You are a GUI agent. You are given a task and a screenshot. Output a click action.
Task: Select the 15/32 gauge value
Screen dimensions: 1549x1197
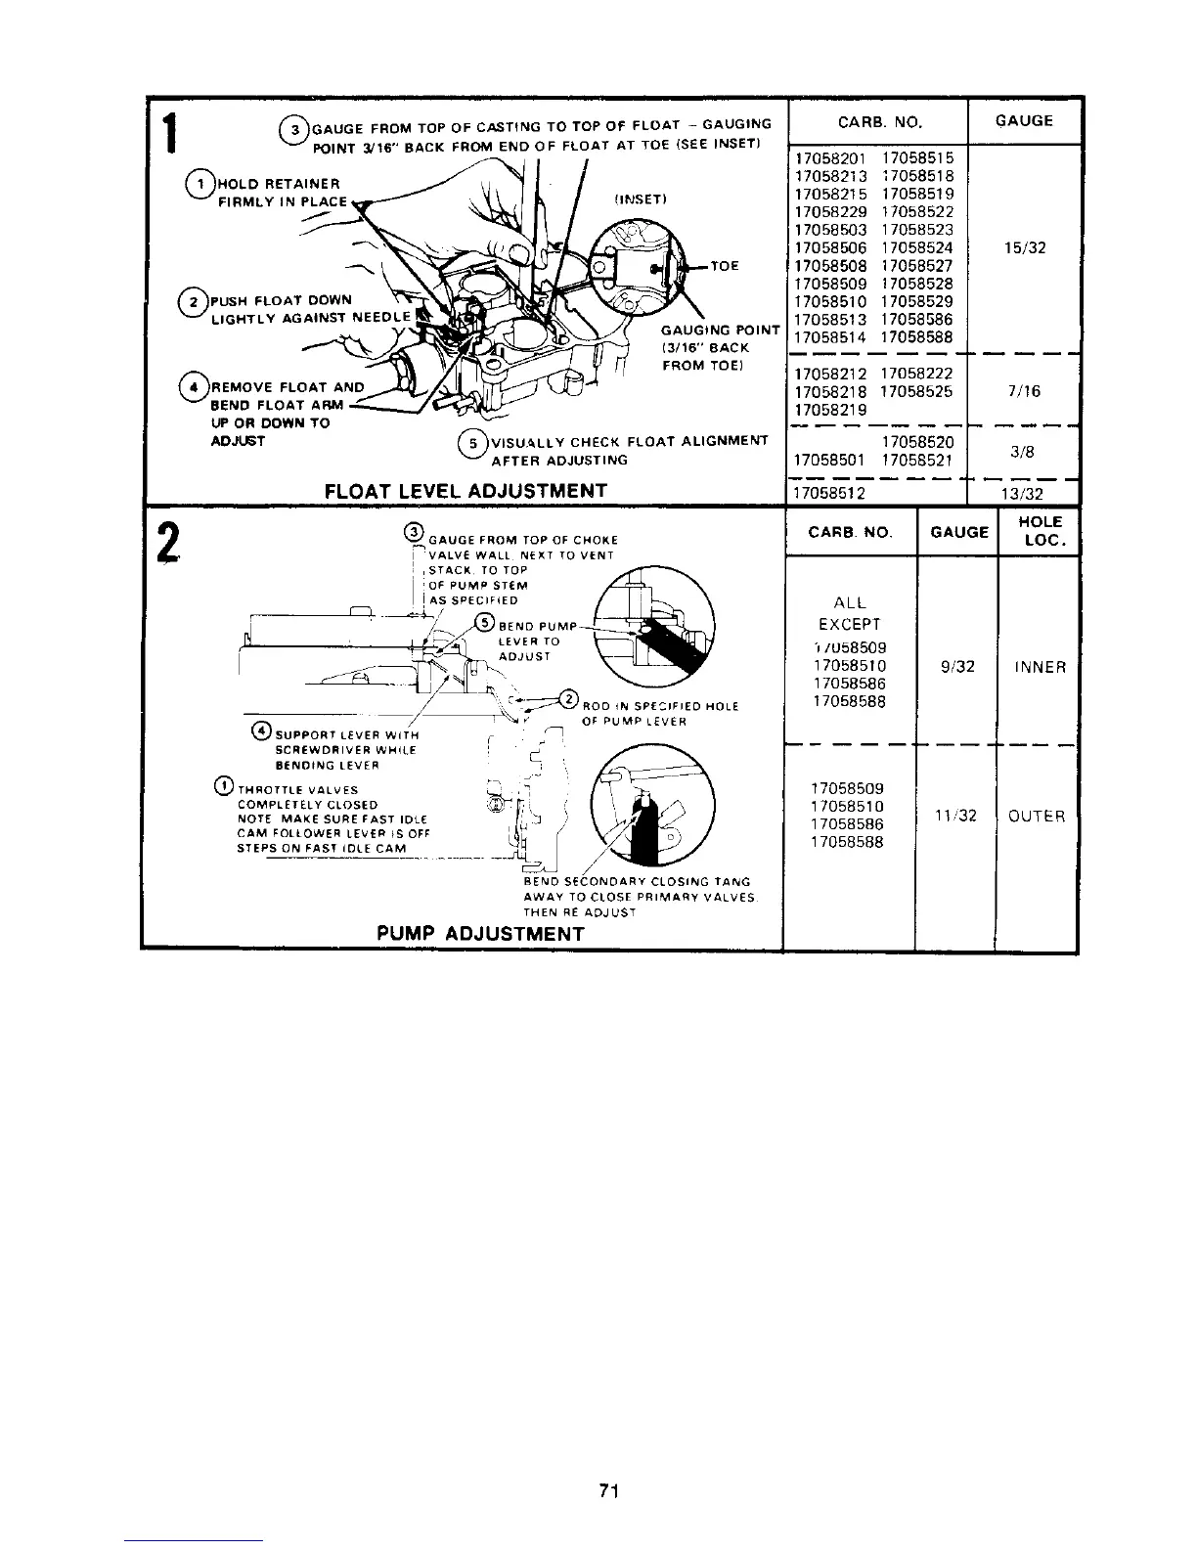[1025, 247]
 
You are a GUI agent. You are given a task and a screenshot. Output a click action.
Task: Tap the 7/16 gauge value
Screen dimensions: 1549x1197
[1025, 391]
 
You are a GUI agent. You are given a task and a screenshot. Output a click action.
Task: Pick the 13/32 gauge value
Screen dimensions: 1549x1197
[1025, 494]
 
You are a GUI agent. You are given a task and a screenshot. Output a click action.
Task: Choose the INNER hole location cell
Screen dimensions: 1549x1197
[1040, 667]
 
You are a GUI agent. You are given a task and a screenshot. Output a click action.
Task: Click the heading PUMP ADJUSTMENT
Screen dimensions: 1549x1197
[480, 933]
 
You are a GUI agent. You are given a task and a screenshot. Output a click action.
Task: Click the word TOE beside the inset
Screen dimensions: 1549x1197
[725, 265]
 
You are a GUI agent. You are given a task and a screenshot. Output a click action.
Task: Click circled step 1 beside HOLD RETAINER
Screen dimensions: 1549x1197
[200, 184]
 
